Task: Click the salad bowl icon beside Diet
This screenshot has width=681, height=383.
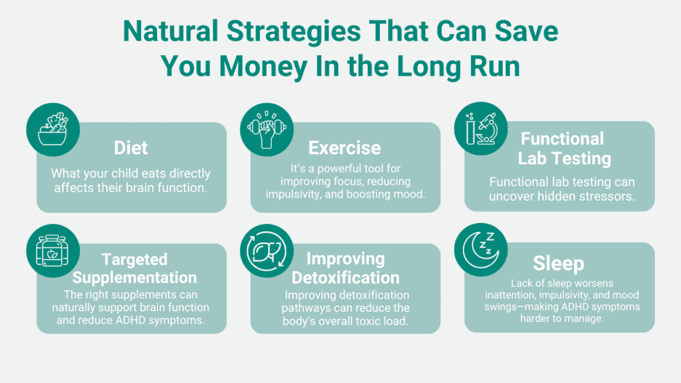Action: pos(53,130)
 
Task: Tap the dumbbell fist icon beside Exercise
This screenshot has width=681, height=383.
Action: pos(267,130)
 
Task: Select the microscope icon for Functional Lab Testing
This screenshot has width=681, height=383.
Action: pos(481,128)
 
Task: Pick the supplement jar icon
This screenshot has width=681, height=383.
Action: pos(53,251)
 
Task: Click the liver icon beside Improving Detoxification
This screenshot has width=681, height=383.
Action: pos(267,251)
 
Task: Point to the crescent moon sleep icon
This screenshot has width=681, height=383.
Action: pos(480,250)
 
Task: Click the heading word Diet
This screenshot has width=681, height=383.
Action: pos(131,148)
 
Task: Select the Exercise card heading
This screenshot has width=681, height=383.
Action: pos(345,148)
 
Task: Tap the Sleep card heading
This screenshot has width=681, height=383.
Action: pos(559,263)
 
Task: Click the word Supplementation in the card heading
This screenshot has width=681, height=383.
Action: pos(134,277)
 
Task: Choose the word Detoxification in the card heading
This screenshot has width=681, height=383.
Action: pos(346,277)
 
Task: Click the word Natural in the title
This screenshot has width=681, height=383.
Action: pos(170,31)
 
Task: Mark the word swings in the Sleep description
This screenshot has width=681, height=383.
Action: pos(501,307)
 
